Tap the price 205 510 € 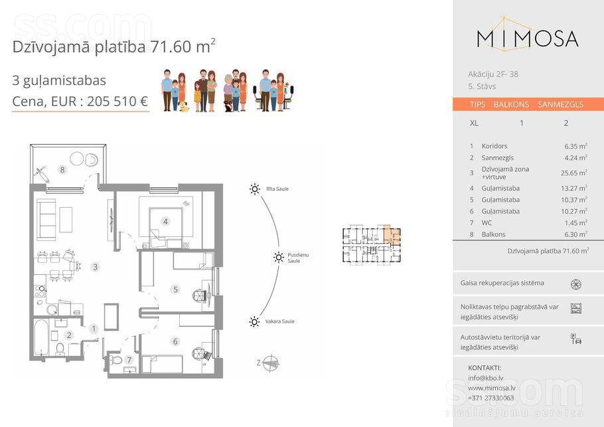tap(117, 102)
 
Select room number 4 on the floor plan tap(165, 222)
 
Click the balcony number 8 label tap(62, 169)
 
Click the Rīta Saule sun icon tap(255, 189)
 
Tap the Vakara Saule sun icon tap(254, 322)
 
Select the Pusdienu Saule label tap(298, 258)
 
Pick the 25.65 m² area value tap(574, 173)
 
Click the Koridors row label tap(494, 146)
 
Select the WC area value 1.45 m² tap(576, 222)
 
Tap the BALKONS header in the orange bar tap(511, 104)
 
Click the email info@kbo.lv tap(485, 378)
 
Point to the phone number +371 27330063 tap(491, 398)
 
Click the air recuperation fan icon tap(576, 284)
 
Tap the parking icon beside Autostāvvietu tap(576, 339)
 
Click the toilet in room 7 tap(116, 360)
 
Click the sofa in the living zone tap(46, 220)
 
